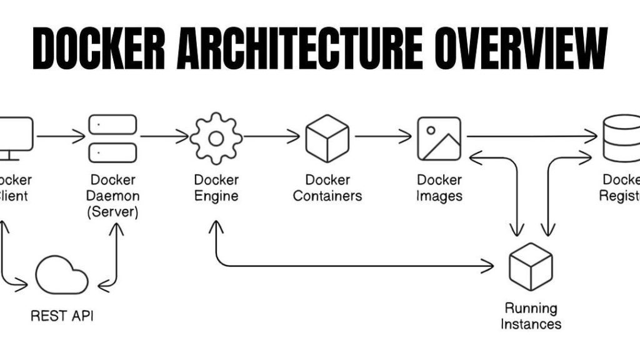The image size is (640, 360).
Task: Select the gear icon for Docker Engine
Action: (216, 138)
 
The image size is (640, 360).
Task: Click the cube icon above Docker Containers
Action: (327, 138)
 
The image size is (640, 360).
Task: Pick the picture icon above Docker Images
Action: (439, 138)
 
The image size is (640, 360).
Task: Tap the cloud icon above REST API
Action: (61, 276)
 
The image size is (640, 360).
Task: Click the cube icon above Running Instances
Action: (531, 266)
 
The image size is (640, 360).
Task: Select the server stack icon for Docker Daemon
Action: (112, 138)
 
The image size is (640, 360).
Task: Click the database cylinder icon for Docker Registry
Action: (622, 138)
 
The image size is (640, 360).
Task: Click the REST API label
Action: (62, 316)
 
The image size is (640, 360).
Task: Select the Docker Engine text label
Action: (216, 187)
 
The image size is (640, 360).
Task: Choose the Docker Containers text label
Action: (327, 187)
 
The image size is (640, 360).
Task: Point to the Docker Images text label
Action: (439, 187)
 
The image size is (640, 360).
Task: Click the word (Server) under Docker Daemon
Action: (114, 211)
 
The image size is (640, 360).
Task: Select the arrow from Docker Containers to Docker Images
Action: (383, 136)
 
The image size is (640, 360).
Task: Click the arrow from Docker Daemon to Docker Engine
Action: (164, 136)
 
